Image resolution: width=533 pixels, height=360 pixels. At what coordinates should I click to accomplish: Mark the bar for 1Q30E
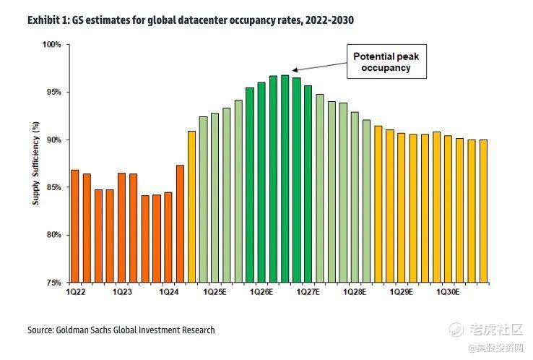tap(448, 209)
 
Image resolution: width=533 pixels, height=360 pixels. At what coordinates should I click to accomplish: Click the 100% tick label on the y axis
tap(51, 45)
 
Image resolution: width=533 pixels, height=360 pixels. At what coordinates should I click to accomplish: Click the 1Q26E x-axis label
tap(261, 291)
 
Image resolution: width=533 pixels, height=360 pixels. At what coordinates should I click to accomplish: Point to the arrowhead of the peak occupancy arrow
tap(294, 71)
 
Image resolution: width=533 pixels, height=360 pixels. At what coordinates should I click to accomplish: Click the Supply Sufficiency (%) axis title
tap(35, 163)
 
